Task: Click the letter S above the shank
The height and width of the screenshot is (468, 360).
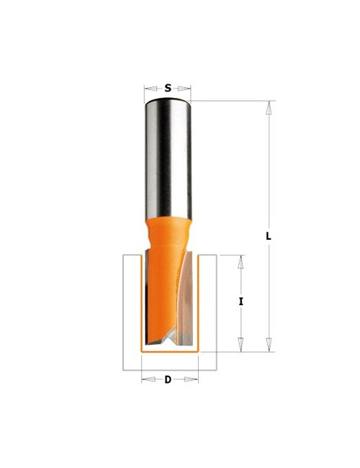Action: (168, 89)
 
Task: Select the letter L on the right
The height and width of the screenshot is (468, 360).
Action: (268, 235)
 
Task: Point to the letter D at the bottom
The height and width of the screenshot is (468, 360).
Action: (168, 379)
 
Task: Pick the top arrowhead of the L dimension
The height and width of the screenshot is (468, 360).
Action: (268, 108)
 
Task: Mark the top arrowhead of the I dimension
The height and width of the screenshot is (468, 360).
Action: (241, 261)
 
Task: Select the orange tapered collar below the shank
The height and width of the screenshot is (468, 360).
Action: (169, 234)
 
